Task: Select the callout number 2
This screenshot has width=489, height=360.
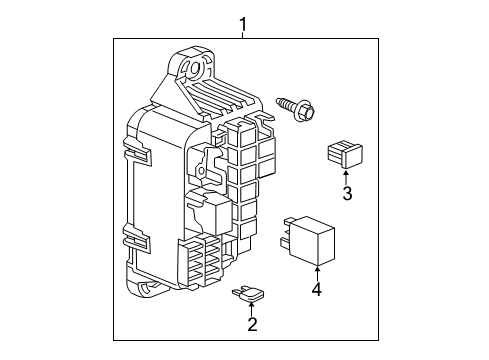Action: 252,323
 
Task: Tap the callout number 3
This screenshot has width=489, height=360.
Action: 347,193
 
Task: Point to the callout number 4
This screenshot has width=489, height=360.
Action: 317,291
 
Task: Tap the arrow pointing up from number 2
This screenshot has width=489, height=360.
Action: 252,306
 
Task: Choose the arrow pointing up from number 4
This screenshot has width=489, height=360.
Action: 317,271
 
